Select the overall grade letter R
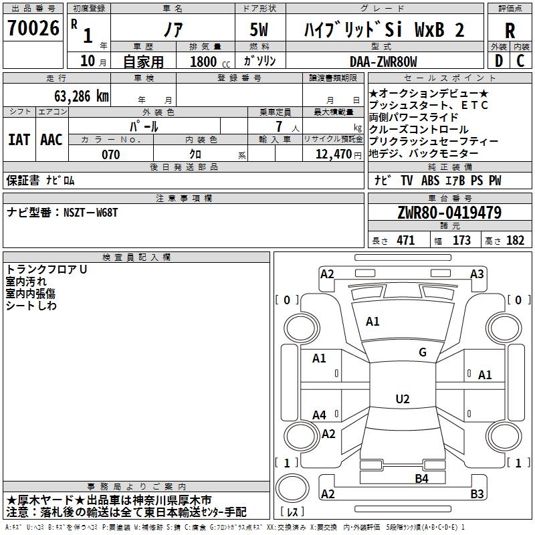point(510,30)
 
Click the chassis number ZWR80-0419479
point(449,213)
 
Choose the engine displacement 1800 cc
point(209,62)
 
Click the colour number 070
point(110,154)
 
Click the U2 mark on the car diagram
point(403,399)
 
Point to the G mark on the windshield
point(423,352)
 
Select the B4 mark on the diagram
point(421,478)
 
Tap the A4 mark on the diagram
point(320,415)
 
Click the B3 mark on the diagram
point(477,494)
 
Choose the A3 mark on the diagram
point(477,274)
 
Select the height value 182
point(515,241)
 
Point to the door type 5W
point(260,30)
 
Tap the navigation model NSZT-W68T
point(90,213)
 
